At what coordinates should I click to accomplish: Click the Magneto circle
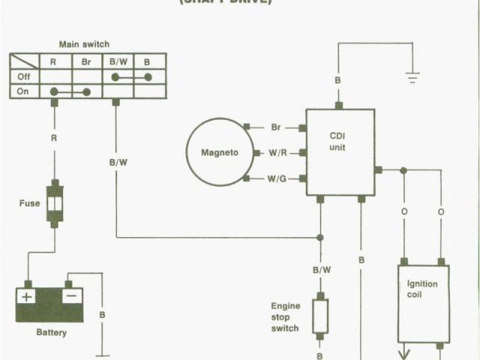(x=220, y=152)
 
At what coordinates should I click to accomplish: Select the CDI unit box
(x=340, y=151)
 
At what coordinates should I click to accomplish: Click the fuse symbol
(x=54, y=202)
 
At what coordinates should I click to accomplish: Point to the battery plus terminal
(x=26, y=296)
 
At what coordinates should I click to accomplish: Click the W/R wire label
(x=278, y=153)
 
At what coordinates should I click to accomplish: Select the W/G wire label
(x=278, y=178)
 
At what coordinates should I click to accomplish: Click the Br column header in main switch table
(x=86, y=62)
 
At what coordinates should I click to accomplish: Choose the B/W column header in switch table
(x=118, y=62)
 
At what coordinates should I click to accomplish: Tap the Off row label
(x=24, y=76)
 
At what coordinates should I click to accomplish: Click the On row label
(x=24, y=91)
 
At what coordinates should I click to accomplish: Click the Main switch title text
(x=83, y=44)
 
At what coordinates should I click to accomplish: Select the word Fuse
(x=30, y=203)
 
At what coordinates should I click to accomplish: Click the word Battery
(x=51, y=332)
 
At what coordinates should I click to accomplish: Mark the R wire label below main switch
(x=54, y=138)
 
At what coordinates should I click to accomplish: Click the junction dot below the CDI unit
(x=320, y=237)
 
